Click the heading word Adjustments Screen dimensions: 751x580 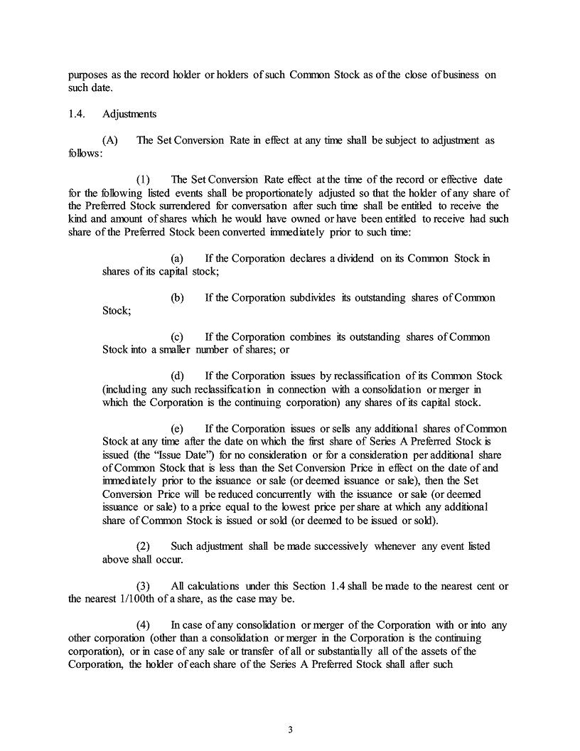click(130, 114)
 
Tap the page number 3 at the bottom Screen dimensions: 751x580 click(290, 729)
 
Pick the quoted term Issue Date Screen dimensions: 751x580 click(172, 454)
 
